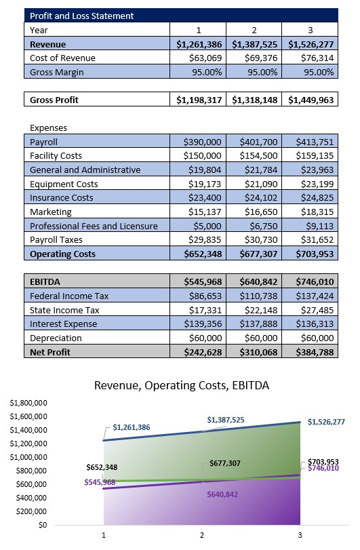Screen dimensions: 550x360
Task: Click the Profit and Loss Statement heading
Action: (x=82, y=16)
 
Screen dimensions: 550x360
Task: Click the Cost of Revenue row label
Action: (x=62, y=58)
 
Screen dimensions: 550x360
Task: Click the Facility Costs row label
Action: (x=57, y=156)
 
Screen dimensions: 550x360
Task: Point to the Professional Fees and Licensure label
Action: (x=94, y=226)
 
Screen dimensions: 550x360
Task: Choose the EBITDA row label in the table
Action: (x=45, y=281)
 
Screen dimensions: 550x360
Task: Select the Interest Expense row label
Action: (x=64, y=323)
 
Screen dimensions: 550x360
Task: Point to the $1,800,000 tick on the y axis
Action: (x=28, y=403)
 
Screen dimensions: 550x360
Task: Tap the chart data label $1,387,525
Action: (x=226, y=420)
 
